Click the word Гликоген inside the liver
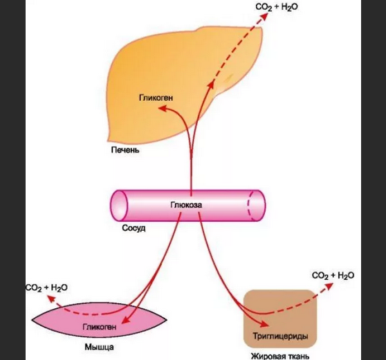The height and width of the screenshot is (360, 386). click(x=156, y=97)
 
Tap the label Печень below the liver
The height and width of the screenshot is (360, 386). click(x=125, y=150)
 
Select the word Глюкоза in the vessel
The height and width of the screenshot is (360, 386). click(x=186, y=205)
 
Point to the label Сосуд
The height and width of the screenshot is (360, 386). click(x=134, y=228)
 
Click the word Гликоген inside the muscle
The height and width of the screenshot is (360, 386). click(x=100, y=327)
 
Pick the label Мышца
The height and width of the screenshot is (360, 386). click(x=99, y=347)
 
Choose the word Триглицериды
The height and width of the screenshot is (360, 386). click(x=280, y=336)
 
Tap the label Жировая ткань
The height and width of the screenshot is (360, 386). click(x=280, y=356)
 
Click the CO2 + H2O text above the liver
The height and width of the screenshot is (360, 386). click(x=277, y=7)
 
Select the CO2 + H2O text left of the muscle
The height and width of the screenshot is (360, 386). click(x=46, y=287)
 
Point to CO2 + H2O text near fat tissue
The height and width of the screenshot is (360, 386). click(x=333, y=276)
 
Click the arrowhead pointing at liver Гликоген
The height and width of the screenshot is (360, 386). click(x=163, y=108)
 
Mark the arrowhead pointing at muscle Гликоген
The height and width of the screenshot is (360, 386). click(x=126, y=319)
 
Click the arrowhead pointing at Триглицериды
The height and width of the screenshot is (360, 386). click(x=264, y=324)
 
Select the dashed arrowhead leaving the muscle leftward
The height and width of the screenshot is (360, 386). click(x=51, y=299)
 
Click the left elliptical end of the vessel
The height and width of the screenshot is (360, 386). click(x=119, y=206)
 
